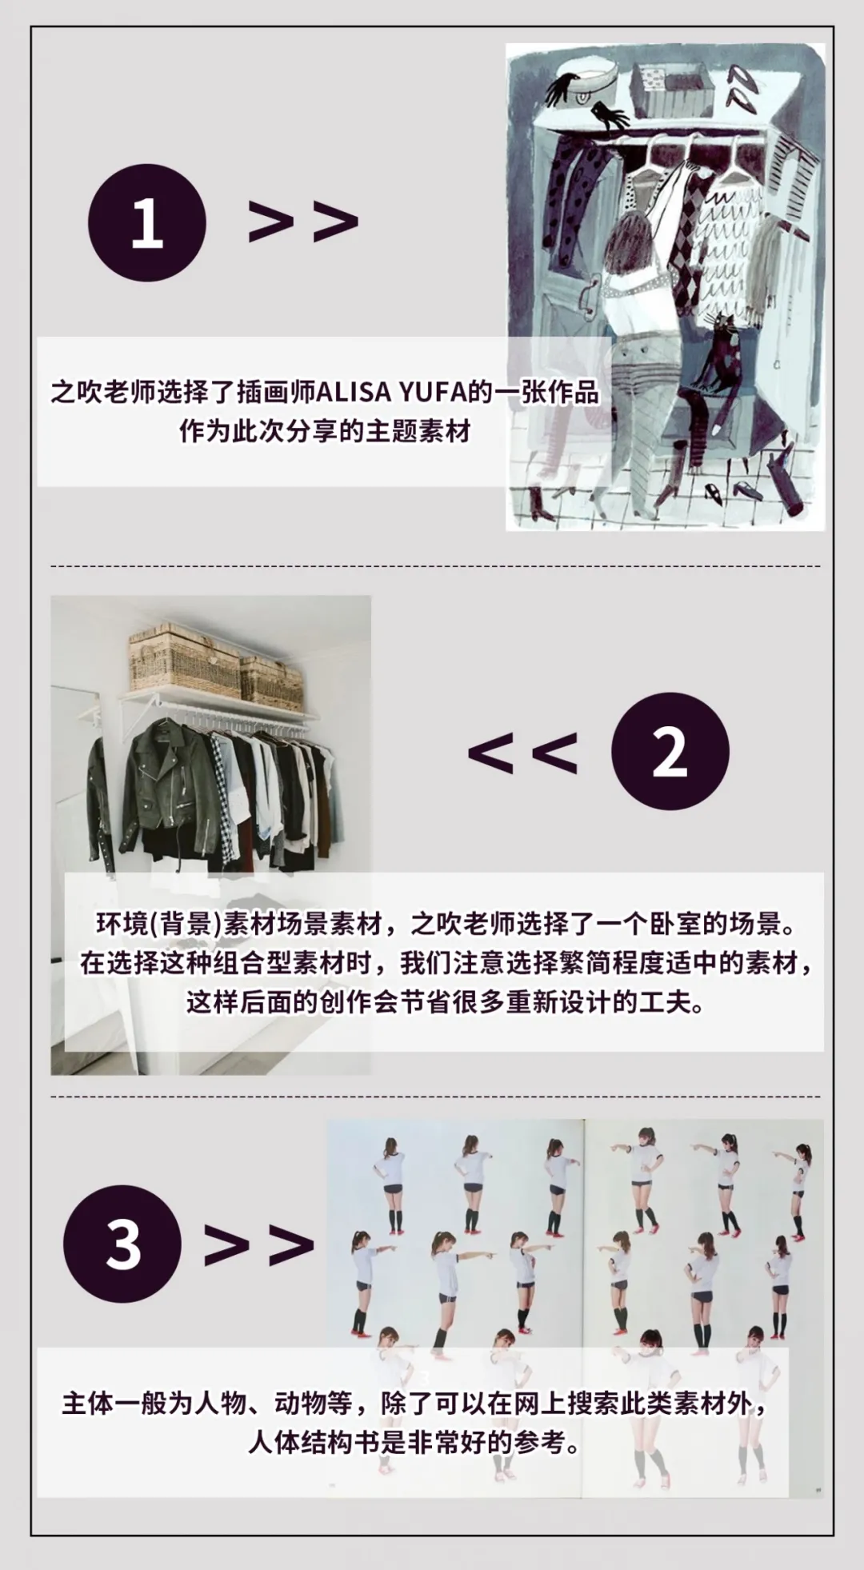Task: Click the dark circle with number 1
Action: (146, 222)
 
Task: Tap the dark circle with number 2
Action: (670, 751)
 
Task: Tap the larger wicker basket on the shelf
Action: (184, 661)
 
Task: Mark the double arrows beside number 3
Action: (259, 1244)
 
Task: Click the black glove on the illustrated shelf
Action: (612, 115)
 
